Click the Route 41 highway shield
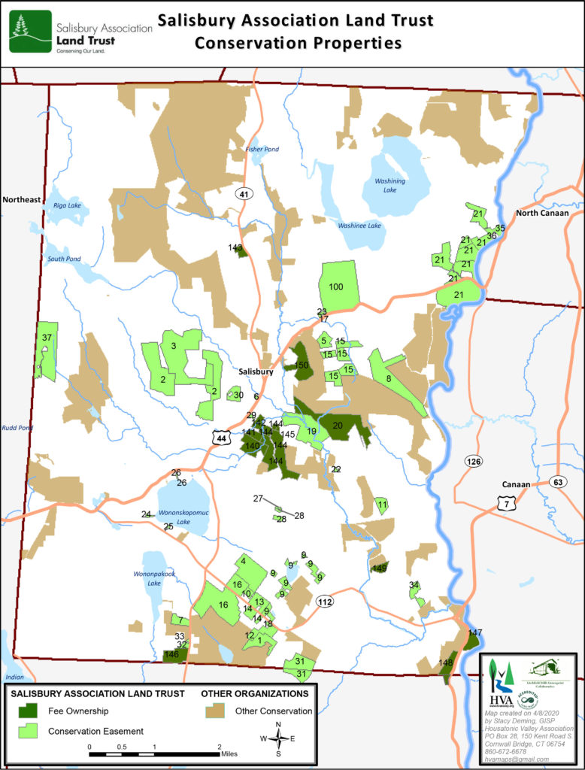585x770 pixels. pos(244,194)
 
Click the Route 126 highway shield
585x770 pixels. pos(472,460)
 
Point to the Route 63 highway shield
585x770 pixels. pos(557,482)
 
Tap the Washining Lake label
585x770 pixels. pos(390,185)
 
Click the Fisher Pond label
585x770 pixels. pos(262,150)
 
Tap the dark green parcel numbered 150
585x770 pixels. pos(302,364)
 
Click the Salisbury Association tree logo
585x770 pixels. pos(31,31)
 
